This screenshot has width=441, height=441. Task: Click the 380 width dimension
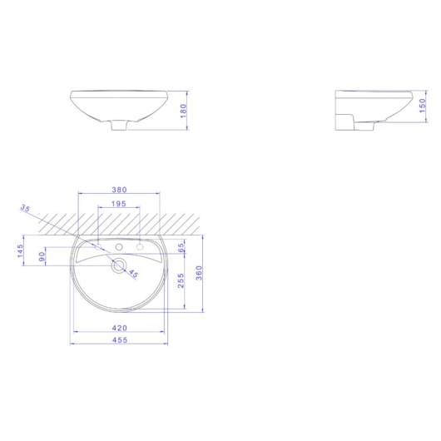pyautogui.click(x=117, y=188)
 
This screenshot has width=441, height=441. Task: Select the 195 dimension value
pyautogui.click(x=117, y=204)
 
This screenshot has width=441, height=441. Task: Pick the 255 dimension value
pyautogui.click(x=181, y=281)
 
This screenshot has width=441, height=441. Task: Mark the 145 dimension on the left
pyautogui.click(x=21, y=250)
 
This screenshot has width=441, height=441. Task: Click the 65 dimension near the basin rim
pyautogui.click(x=181, y=247)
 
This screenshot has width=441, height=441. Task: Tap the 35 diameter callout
pyautogui.click(x=25, y=209)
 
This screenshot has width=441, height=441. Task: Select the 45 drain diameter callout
pyautogui.click(x=133, y=275)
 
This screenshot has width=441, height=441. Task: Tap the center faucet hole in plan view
pyautogui.click(x=118, y=247)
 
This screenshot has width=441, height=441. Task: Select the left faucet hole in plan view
pyautogui.click(x=99, y=247)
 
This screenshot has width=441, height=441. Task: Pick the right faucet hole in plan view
pyautogui.click(x=138, y=247)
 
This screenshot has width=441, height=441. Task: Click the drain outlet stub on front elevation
pyautogui.click(x=118, y=126)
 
